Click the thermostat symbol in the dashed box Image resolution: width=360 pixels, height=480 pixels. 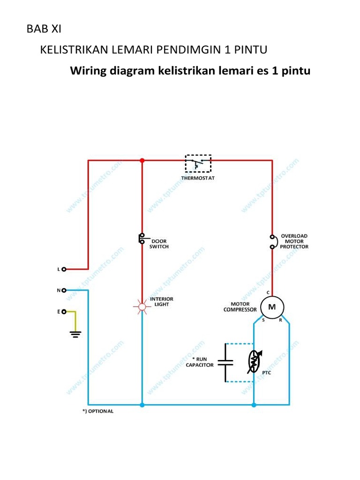pyautogui.click(x=198, y=164)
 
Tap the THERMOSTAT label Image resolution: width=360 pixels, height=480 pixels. pyautogui.click(x=198, y=178)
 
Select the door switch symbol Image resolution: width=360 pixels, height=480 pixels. pyautogui.click(x=141, y=238)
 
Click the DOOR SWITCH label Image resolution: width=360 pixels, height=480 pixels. pyautogui.click(x=159, y=244)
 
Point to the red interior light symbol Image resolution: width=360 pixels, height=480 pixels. pyautogui.click(x=141, y=307)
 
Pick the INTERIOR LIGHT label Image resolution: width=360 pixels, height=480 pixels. pyautogui.click(x=161, y=301)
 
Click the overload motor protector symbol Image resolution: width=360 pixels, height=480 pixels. pyautogui.click(x=272, y=241)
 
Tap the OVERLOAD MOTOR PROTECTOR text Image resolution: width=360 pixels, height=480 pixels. pyautogui.click(x=294, y=241)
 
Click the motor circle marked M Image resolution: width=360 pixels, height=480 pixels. pyautogui.click(x=272, y=307)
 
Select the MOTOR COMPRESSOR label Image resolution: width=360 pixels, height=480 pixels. pyautogui.click(x=240, y=307)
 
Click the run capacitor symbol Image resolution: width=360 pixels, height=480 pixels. pyautogui.click(x=226, y=362)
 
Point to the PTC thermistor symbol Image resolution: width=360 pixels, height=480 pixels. pyautogui.click(x=255, y=362)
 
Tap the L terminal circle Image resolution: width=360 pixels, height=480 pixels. pyautogui.click(x=64, y=269)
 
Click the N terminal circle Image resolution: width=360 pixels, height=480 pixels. pyautogui.click(x=64, y=290)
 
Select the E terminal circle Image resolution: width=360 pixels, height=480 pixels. pyautogui.click(x=64, y=311)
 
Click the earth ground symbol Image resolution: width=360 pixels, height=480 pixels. pyautogui.click(x=75, y=334)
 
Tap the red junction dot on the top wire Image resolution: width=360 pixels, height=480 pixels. pyautogui.click(x=142, y=160)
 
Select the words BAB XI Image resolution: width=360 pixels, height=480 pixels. pyautogui.click(x=44, y=29)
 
